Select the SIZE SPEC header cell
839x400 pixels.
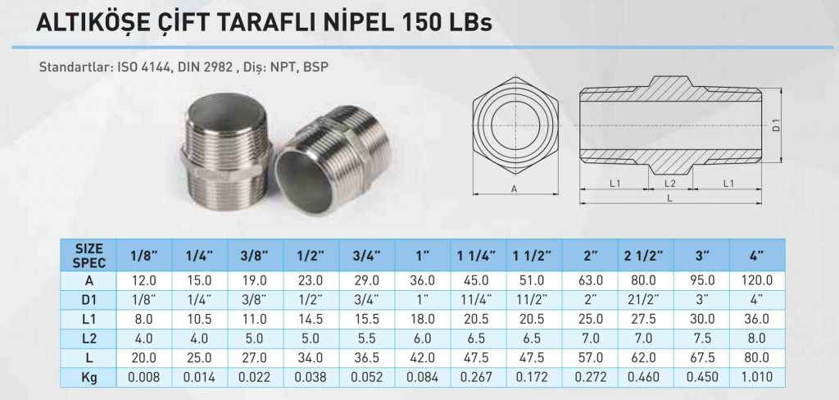[x=88, y=256]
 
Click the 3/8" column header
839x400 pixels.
[x=256, y=256]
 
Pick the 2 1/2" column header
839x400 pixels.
[x=646, y=256]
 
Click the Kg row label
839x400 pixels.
[x=88, y=377]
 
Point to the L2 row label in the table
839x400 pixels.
[x=88, y=339]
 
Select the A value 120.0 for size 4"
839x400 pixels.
[x=757, y=280]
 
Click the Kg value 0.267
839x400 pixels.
[x=478, y=377]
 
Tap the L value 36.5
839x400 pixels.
[x=367, y=357]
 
